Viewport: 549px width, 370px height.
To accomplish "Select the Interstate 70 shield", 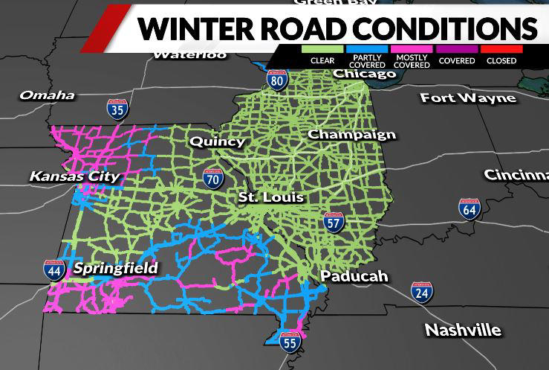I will [x=212, y=179].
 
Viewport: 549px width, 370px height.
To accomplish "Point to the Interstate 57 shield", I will [x=333, y=222].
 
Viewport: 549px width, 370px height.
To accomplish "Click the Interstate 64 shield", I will [x=469, y=209].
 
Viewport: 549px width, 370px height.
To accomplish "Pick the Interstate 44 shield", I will [x=53, y=269].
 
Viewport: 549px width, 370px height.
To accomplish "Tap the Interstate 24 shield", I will [x=423, y=293].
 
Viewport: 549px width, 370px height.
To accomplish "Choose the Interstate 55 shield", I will [x=290, y=342].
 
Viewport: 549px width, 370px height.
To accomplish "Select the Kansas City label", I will [x=74, y=176].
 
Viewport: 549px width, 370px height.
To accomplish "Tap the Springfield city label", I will [x=115, y=268].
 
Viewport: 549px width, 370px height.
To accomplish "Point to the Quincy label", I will [x=217, y=141].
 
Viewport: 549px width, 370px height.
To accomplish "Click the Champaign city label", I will [x=351, y=135].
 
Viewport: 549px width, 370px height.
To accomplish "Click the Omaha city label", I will [x=47, y=95].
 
